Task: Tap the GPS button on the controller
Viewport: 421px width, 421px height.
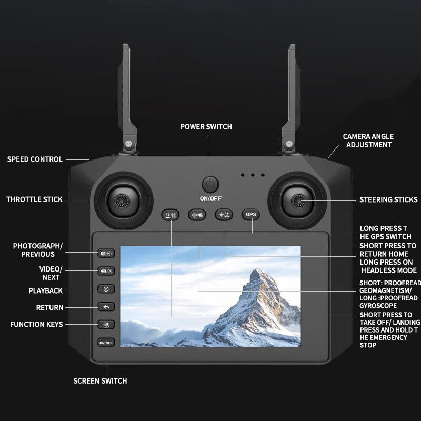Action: coord(251,215)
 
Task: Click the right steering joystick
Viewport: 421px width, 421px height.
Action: coord(297,201)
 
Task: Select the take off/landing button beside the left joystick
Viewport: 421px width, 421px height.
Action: coord(170,215)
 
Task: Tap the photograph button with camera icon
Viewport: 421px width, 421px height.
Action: coord(106,253)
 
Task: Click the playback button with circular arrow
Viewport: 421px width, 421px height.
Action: coord(106,289)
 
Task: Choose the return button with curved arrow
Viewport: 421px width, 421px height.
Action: coord(106,307)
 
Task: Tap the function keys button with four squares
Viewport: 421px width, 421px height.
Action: coord(106,325)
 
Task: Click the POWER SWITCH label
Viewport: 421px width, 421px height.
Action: coord(206,127)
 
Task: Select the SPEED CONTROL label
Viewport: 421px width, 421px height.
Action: coord(35,159)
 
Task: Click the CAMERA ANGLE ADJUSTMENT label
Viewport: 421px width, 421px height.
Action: coord(368,141)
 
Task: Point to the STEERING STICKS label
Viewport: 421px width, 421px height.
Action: coord(388,200)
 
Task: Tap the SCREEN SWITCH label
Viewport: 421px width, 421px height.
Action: coord(100,381)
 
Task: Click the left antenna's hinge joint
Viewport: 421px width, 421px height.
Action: coord(128,144)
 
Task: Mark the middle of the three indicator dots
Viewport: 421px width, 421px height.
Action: coord(253,175)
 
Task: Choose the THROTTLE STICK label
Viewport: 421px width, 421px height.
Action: coord(34,199)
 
